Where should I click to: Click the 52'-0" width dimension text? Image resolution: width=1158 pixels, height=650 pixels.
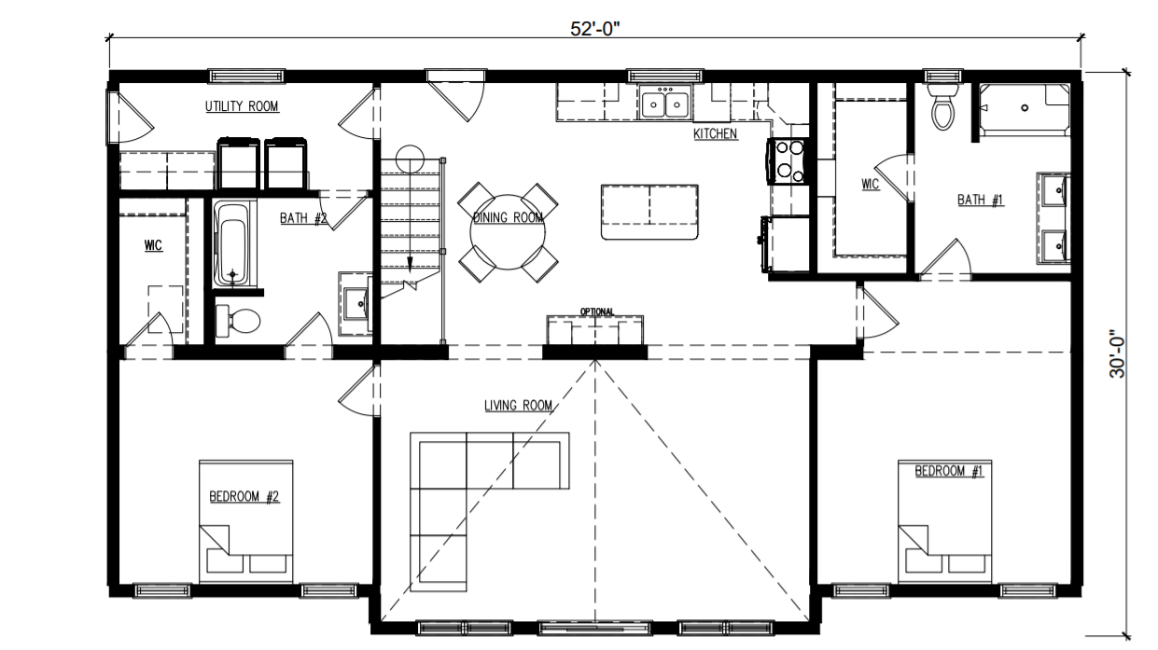594,29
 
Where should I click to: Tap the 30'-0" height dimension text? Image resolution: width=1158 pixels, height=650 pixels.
1117,354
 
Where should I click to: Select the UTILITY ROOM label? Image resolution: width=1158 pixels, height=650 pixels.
242,106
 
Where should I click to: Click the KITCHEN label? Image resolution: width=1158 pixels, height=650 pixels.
715,134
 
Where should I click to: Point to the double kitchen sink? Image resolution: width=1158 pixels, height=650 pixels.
664,104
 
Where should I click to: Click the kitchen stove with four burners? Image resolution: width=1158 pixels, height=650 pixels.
788,160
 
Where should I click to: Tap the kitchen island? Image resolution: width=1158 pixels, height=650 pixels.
649,212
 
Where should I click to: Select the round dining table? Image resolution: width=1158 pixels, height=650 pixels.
508,232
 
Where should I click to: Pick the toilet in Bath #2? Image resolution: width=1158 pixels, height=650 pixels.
238,319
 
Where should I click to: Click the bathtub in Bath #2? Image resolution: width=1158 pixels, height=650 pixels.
231,243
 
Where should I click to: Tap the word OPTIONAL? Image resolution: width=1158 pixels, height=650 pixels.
597,312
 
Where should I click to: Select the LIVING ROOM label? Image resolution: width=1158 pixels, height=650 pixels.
519,406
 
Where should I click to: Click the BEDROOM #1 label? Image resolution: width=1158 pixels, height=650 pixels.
949,471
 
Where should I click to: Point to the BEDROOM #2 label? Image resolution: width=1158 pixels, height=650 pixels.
244,497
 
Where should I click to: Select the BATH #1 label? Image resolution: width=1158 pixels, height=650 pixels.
981,200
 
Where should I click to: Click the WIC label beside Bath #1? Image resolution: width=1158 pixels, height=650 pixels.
870,185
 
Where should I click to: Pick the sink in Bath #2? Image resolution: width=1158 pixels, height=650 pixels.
356,304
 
